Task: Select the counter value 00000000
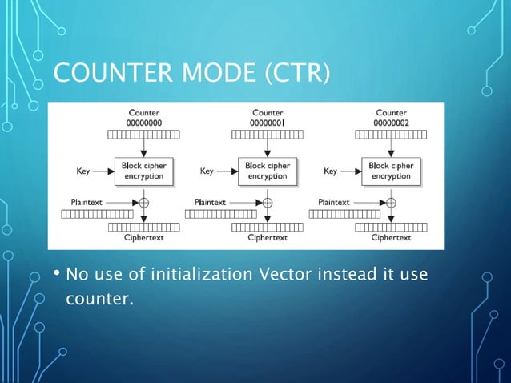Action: tap(144, 123)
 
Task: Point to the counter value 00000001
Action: tap(268, 123)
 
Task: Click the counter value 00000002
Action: tap(391, 123)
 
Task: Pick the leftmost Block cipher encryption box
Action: tap(144, 171)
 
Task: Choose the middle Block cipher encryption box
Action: tap(268, 171)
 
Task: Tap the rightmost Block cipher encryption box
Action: tap(391, 171)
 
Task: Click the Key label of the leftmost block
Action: tap(83, 171)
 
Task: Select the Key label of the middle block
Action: tap(207, 171)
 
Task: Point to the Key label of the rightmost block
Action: tap(330, 171)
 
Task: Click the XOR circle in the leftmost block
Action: tap(144, 202)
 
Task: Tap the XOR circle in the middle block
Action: tap(268, 202)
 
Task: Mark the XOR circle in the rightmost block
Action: tap(391, 202)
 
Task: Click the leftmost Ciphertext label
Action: tap(144, 237)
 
